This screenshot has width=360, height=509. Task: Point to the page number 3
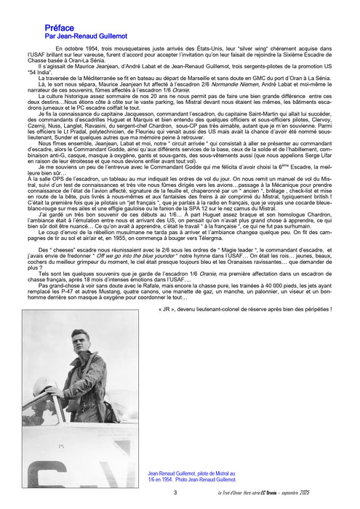click(x=175, y=493)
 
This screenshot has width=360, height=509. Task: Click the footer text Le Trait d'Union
click(x=262, y=494)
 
